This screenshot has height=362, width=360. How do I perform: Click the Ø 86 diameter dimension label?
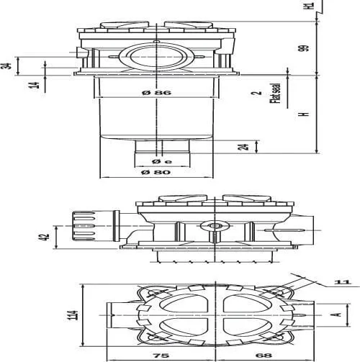pos(156,93)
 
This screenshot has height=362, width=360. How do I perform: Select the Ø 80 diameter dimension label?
pos(156,172)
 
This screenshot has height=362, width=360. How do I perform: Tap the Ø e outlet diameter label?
pos(162,161)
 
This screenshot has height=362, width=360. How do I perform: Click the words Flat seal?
pos(276,94)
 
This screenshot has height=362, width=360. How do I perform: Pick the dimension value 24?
pos(243,147)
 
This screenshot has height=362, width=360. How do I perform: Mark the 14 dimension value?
pos(35,85)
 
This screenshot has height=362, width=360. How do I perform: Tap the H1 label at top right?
pos(310,5)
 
